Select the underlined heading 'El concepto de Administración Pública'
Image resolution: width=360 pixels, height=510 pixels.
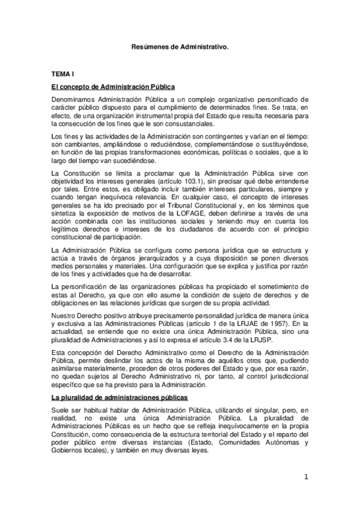pyautogui.click(x=112, y=88)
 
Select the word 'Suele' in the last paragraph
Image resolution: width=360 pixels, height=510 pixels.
pyautogui.click(x=61, y=410)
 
